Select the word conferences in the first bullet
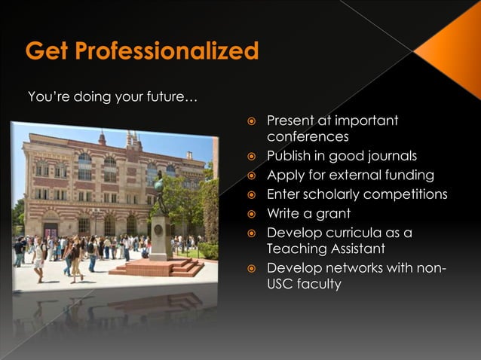pos(307,137)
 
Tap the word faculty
pos(319,285)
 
